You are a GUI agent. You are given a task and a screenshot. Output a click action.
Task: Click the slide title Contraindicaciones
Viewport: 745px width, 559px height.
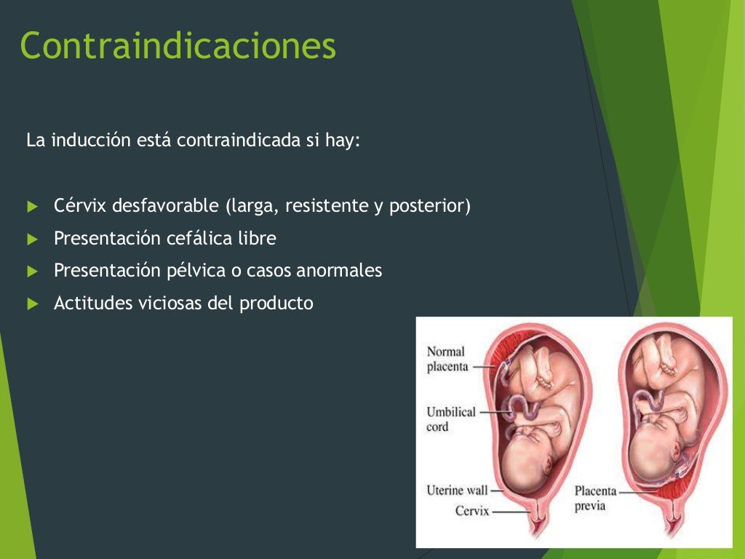178,45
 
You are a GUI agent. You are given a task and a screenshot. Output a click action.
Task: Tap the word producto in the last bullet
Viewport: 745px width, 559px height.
276,303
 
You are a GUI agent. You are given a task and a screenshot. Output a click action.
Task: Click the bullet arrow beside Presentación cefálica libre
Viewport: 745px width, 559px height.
31,239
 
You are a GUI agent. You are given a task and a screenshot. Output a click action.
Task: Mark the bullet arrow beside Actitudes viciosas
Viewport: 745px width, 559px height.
31,304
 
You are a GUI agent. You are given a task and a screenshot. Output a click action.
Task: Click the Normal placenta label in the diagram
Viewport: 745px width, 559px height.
447,359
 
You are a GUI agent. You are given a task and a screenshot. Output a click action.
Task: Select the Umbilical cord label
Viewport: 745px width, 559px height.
451,419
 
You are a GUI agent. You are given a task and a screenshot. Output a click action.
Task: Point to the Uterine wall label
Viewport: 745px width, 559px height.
457,491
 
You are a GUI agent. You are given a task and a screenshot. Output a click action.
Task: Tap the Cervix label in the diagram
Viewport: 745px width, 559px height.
472,511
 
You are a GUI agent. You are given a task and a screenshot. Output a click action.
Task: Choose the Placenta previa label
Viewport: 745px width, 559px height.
595,498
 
